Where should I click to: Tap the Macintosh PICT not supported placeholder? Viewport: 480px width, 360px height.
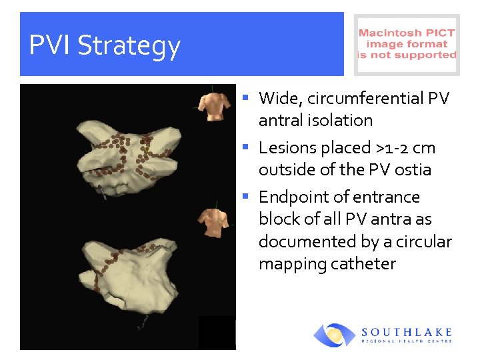pyautogui.click(x=407, y=45)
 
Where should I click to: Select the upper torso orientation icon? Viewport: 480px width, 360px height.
pyautogui.click(x=213, y=105)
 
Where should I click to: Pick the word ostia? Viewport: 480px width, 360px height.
pyautogui.click(x=412, y=170)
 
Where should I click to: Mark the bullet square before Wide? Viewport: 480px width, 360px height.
pyautogui.click(x=245, y=97)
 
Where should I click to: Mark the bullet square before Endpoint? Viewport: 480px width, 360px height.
pyautogui.click(x=245, y=196)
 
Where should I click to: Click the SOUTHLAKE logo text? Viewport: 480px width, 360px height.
pyautogui.click(x=407, y=332)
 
